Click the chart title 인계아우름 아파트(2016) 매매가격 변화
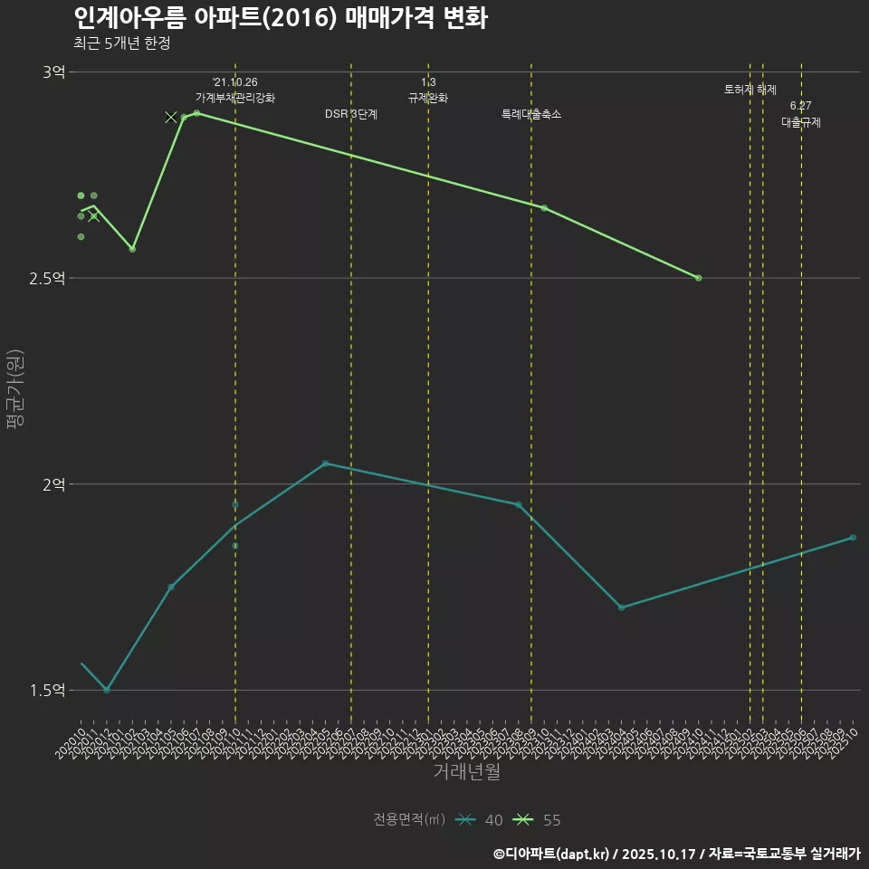pyautogui.click(x=281, y=18)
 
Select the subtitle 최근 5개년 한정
pyautogui.click(x=121, y=43)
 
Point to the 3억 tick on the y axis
pyautogui.click(x=53, y=72)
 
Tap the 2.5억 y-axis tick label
pyautogui.click(x=47, y=279)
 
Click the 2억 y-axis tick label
pyautogui.click(x=53, y=485)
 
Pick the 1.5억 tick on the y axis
pyautogui.click(x=47, y=691)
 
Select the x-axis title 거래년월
pyautogui.click(x=466, y=772)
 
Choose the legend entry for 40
pyautogui.click(x=480, y=820)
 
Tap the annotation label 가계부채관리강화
pyautogui.click(x=235, y=98)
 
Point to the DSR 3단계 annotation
pyautogui.click(x=351, y=114)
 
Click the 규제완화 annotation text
pyautogui.click(x=428, y=98)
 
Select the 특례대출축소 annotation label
pyautogui.click(x=531, y=114)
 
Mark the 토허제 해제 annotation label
pyautogui.click(x=750, y=90)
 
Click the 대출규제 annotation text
pyautogui.click(x=801, y=122)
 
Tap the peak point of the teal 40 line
pyautogui.click(x=326, y=463)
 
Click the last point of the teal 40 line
pyautogui.click(x=853, y=538)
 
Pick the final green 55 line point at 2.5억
pyautogui.click(x=699, y=278)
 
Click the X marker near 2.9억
pyautogui.click(x=171, y=117)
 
